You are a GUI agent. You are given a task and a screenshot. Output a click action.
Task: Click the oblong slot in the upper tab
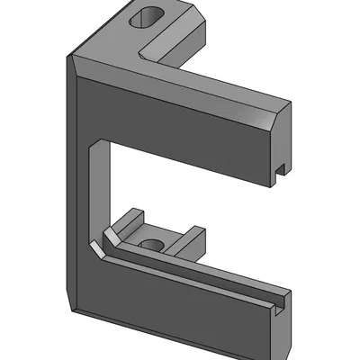point(148,18)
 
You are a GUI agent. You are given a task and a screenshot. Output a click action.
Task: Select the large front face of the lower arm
point(180,301)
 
